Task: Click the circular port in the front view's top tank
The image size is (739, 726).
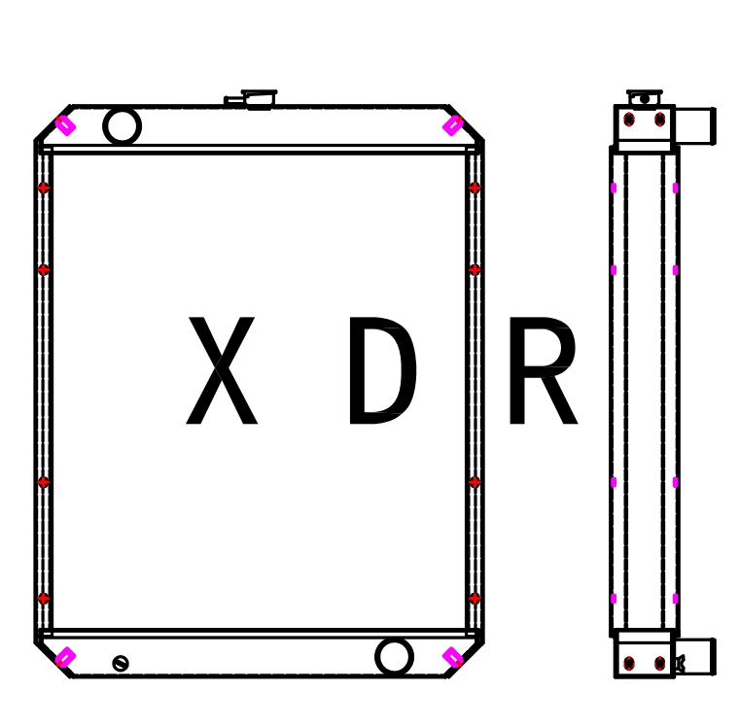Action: [122, 126]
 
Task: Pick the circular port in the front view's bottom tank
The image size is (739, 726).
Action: [394, 657]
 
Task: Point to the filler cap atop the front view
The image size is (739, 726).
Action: [259, 98]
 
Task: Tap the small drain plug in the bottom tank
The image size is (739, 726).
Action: [121, 663]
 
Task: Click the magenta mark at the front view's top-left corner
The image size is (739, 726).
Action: [65, 125]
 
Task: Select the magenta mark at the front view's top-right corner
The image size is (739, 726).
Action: [453, 125]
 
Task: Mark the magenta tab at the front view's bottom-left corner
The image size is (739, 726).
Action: [65, 657]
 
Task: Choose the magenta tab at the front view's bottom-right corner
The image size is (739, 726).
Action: [453, 657]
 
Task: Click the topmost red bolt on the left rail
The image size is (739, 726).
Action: [43, 188]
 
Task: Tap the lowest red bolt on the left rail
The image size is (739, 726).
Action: [43, 599]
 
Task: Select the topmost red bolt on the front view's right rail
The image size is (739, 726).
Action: [475, 188]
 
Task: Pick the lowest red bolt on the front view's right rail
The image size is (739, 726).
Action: [475, 599]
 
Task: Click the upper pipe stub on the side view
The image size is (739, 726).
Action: [694, 126]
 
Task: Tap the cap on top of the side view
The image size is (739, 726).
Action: [644, 98]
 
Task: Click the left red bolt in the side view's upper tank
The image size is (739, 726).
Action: [629, 120]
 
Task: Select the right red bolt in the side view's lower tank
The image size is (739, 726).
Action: [660, 663]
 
